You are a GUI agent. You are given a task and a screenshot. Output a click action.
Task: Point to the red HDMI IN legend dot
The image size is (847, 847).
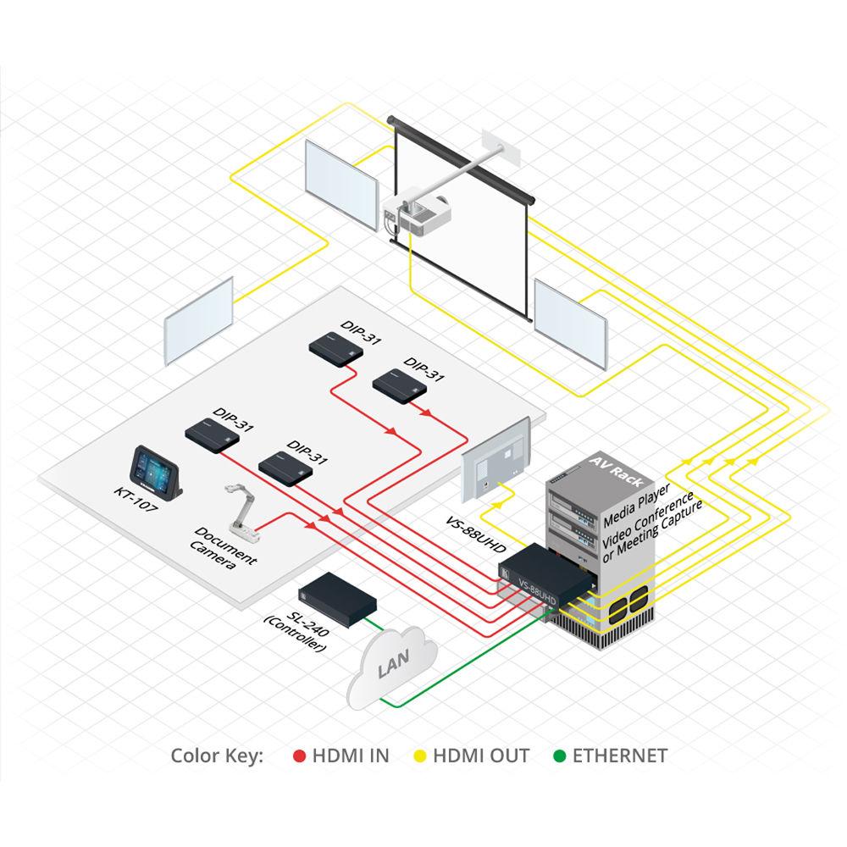[x=298, y=756]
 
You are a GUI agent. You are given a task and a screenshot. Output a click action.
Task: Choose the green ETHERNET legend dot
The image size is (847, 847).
[x=558, y=756]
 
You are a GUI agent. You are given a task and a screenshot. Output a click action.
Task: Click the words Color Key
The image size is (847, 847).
[x=218, y=756]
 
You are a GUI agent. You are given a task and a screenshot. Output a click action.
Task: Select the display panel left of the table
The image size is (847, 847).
[x=198, y=321]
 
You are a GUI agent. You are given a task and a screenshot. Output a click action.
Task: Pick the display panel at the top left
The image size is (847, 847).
[x=341, y=182]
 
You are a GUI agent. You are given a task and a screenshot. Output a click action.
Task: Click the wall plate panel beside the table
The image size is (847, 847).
[x=496, y=462]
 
